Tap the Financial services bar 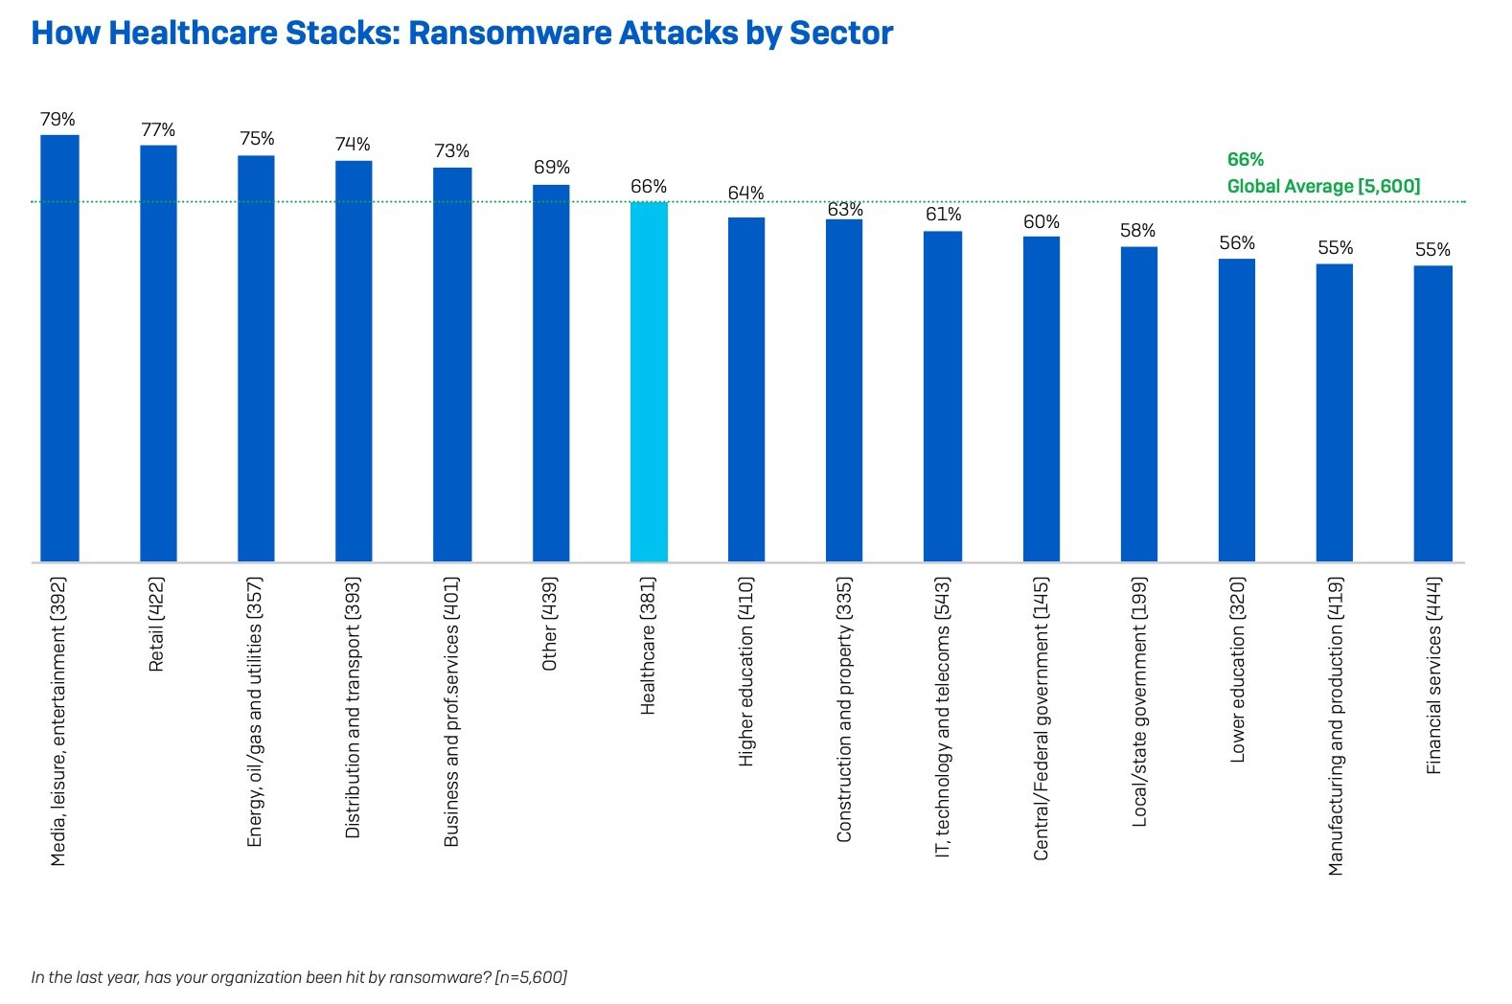click(1432, 413)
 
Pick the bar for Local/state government click(1139, 403)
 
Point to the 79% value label click(57, 120)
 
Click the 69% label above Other click(552, 168)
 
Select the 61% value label click(943, 215)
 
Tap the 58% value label click(1138, 231)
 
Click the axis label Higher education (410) click(746, 671)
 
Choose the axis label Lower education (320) click(1237, 669)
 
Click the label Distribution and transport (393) click(353, 707)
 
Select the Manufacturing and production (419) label click(1336, 725)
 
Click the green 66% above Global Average click(1246, 160)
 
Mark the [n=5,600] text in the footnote click(531, 977)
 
